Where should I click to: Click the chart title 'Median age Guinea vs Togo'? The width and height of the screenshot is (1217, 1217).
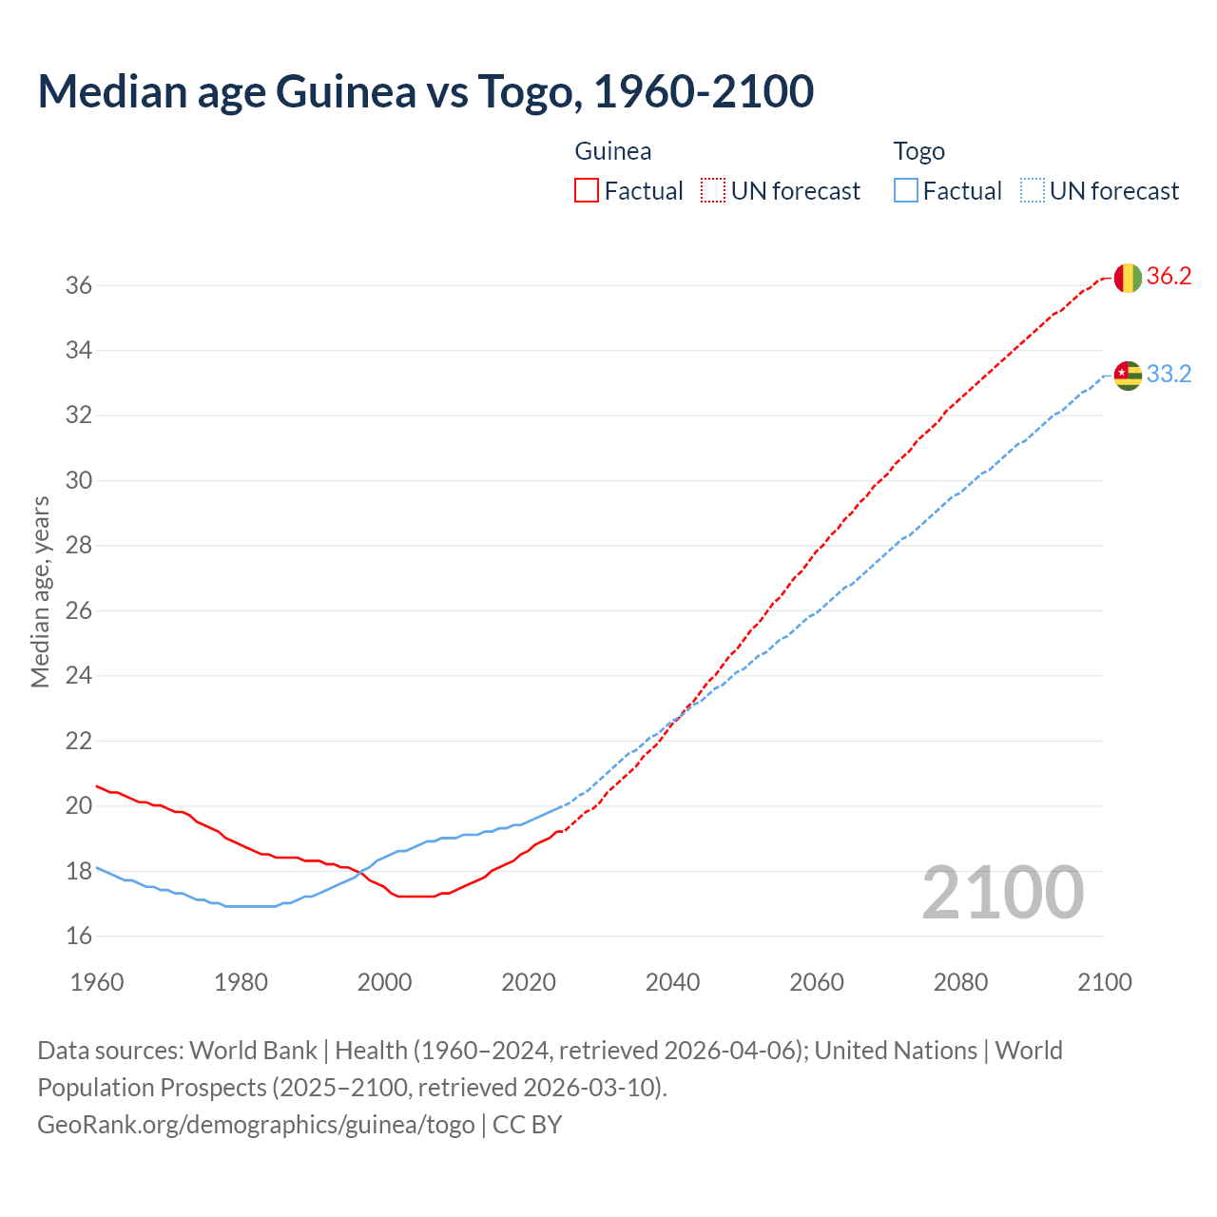click(425, 91)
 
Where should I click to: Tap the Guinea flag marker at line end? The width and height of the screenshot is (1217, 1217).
click(1128, 278)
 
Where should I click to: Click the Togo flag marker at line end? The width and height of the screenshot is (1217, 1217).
click(1128, 376)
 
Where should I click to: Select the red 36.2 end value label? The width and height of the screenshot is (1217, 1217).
click(1169, 277)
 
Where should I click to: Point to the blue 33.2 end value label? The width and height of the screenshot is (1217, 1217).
click(1169, 375)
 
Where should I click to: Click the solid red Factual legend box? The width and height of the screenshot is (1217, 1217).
click(587, 191)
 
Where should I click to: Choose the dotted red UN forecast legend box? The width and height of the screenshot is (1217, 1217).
click(713, 191)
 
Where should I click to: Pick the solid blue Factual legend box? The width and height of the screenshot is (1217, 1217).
click(906, 191)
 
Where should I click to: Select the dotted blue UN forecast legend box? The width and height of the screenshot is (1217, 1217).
click(1032, 191)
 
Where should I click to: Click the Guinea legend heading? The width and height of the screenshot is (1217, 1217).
click(613, 151)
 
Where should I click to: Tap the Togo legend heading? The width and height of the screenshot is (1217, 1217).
click(918, 151)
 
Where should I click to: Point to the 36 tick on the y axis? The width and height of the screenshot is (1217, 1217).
click(79, 285)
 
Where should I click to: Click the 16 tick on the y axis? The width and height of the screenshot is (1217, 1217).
click(79, 937)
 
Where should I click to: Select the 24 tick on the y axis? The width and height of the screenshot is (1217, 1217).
click(79, 676)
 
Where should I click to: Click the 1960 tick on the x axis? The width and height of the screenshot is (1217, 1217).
click(97, 982)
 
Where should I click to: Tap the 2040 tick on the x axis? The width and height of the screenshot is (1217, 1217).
click(672, 982)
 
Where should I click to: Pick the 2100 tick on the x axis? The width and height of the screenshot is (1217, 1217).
click(1104, 982)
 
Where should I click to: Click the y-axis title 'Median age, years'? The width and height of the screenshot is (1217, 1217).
click(40, 591)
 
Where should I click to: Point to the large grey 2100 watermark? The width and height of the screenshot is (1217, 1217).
click(1002, 892)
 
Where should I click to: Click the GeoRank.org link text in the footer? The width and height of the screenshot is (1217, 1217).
click(256, 1125)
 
